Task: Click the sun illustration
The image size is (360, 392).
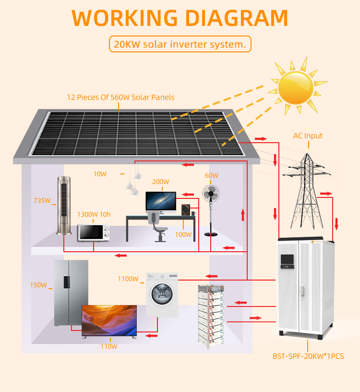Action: [296, 88]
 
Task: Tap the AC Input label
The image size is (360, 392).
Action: [308, 136]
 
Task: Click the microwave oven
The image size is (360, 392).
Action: [94, 232]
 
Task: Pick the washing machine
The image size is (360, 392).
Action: [162, 295]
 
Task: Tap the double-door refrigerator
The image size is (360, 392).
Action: [71, 293]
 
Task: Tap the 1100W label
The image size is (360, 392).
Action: [128, 279]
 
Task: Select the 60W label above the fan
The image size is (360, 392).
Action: [211, 175]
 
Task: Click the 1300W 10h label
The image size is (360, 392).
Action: [94, 214]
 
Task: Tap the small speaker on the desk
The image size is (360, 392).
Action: [186, 210]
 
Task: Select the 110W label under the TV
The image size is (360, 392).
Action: [108, 346]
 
